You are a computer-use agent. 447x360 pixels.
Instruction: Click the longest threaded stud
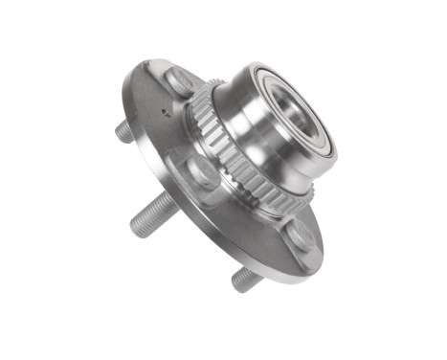pyautogui.click(x=153, y=215)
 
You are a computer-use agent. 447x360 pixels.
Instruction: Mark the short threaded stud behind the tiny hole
pyautogui.click(x=127, y=131)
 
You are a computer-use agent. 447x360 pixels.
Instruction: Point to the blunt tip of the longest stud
pyautogui.click(x=136, y=228)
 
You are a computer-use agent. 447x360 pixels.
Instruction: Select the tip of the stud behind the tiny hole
pyautogui.click(x=121, y=135)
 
